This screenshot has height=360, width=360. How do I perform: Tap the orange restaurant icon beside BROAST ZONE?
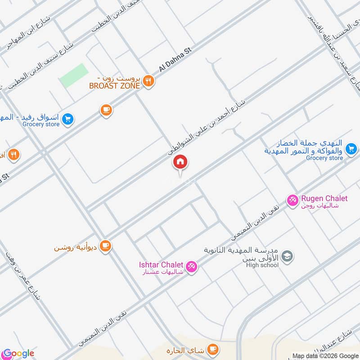[148, 81]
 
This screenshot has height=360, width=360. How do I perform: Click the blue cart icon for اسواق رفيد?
[67, 119]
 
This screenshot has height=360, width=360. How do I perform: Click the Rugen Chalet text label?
[324, 198]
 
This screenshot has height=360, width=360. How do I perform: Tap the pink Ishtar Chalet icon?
[191, 267]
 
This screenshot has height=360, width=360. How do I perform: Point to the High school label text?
[262, 265]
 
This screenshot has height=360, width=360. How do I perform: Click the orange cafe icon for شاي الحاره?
[213, 349]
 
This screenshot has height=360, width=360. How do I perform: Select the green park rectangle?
[73, 75]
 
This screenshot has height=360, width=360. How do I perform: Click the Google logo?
[18, 353]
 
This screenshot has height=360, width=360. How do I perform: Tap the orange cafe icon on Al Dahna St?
[106, 109]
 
